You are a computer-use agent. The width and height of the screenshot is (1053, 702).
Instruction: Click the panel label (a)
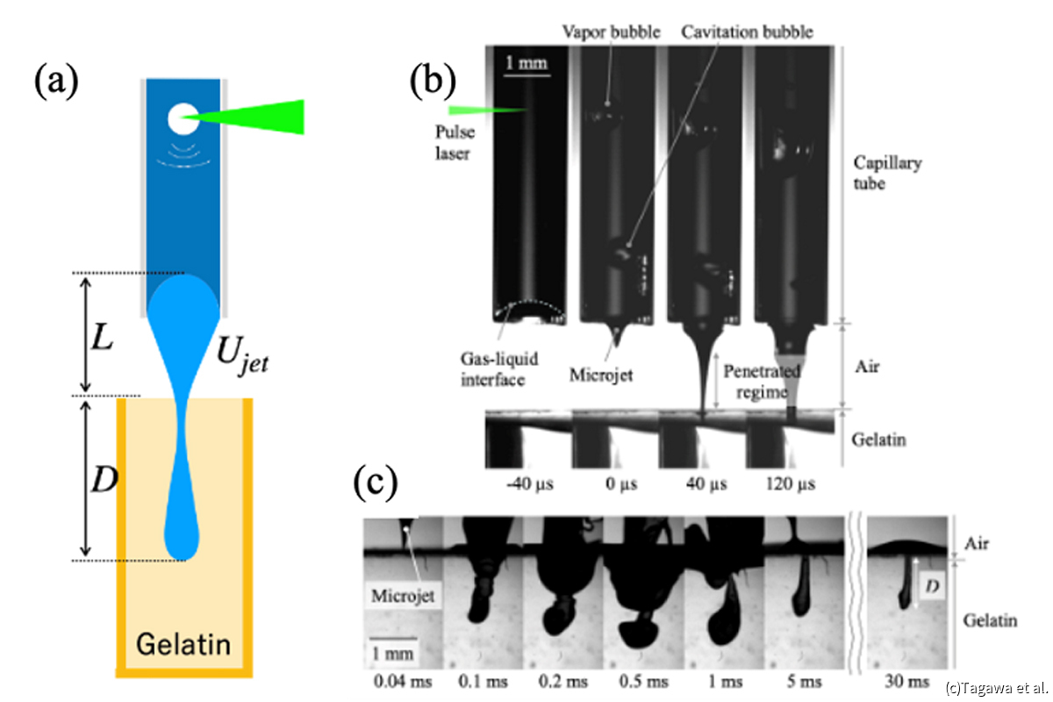coord(56,82)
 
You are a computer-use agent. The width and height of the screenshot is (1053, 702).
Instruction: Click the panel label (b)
coord(433,81)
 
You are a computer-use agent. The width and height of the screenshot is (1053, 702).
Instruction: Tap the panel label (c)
coord(376,483)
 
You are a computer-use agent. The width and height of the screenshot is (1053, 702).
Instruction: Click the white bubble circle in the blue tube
coord(183,118)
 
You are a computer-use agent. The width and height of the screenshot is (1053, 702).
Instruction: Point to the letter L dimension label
coord(102,338)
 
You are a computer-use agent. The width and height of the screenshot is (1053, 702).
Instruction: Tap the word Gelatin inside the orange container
coord(183,644)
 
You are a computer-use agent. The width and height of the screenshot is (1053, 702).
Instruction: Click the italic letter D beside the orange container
coord(104,480)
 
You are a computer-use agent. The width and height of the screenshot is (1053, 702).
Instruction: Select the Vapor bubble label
coord(611,32)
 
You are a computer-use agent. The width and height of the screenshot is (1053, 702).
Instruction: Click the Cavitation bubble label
coord(747,32)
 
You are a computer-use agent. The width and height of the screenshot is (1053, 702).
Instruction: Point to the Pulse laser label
coord(455,142)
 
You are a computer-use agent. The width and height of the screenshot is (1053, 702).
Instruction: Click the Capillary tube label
coord(887,173)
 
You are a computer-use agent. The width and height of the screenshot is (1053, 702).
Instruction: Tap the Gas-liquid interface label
coord(499,369)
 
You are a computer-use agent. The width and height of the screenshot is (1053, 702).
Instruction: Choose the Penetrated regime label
coord(762,382)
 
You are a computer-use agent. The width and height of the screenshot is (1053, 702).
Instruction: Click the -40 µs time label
coord(530,484)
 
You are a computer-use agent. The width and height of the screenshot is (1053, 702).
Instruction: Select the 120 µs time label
coord(791,484)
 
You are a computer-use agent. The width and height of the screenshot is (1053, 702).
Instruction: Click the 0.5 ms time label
coord(643,681)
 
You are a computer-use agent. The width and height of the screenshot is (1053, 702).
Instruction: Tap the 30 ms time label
coord(906,681)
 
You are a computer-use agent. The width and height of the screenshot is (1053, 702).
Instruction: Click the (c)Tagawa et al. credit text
coord(997,688)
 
